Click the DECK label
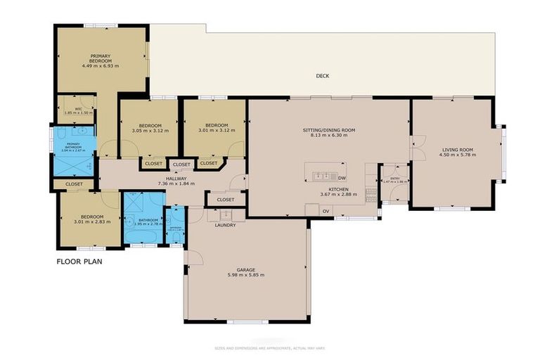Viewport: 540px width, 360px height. tap(322, 76)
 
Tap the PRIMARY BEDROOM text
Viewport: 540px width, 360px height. tap(101, 58)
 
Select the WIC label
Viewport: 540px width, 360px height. tap(78, 108)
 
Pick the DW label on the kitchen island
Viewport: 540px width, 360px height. tap(341, 179)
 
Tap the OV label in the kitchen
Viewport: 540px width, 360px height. tap(326, 211)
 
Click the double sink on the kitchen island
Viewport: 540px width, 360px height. tap(322, 176)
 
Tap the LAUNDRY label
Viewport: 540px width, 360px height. tap(225, 225)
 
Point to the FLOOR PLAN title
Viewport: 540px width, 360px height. tap(79, 262)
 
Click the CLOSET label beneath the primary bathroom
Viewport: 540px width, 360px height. tap(74, 184)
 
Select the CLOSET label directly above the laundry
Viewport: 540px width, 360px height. tap(225, 199)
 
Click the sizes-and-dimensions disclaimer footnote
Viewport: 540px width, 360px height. tap(270, 348)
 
